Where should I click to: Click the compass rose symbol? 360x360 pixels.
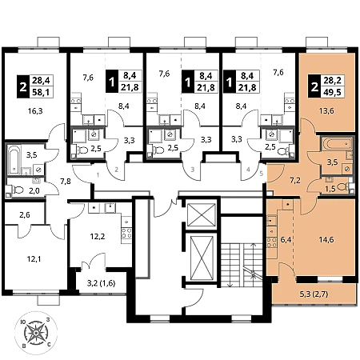[36, 333]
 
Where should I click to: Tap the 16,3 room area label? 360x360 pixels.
[35, 110]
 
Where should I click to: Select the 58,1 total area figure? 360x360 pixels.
[42, 92]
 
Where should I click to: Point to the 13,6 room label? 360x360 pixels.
[326, 110]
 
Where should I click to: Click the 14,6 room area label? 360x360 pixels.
[326, 239]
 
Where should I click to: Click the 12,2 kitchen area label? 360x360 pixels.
[97, 236]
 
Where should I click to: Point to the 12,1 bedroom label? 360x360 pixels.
[34, 258]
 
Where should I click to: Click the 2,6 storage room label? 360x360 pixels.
[25, 214]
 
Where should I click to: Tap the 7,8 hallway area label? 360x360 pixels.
[66, 182]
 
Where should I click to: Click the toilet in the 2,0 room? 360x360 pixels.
[17, 190]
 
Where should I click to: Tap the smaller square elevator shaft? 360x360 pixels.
[202, 215]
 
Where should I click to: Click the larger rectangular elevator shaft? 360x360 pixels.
[202, 259]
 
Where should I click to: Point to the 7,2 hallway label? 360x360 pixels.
[295, 181]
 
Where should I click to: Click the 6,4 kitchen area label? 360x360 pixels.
[286, 240]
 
